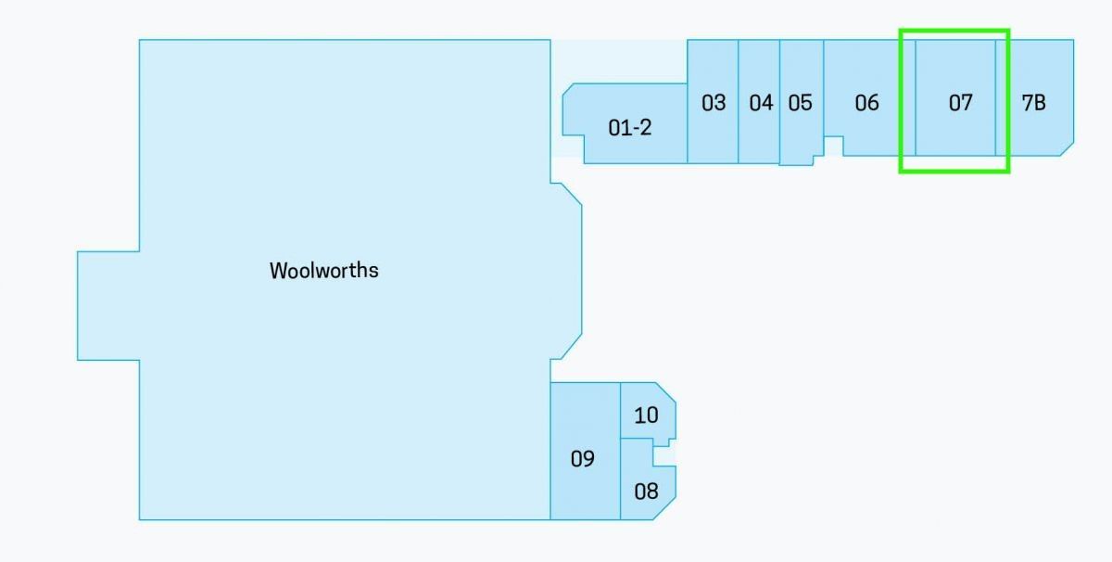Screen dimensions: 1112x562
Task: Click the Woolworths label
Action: (x=324, y=271)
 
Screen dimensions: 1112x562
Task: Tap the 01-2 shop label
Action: (x=629, y=128)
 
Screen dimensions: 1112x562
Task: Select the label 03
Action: (x=714, y=103)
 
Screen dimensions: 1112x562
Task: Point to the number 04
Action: (x=761, y=103)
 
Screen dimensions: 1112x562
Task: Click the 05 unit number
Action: (x=801, y=103)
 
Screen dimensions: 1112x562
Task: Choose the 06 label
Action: (x=866, y=103)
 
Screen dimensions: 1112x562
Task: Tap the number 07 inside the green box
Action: (x=961, y=103)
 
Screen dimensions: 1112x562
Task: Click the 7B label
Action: (x=1033, y=103)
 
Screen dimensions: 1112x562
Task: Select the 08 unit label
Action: (x=646, y=492)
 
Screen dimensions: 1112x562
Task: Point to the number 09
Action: (x=582, y=459)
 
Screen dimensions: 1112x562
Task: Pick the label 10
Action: (x=646, y=415)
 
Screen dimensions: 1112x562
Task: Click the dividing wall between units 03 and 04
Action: (x=739, y=101)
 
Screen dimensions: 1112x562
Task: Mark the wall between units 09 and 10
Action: (x=621, y=411)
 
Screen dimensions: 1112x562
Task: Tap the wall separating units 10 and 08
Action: (x=637, y=439)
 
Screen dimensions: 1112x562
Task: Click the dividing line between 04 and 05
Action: (x=779, y=101)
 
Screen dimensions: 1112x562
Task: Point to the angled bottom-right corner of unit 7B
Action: (x=1067, y=149)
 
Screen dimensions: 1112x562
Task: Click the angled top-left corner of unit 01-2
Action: (x=568, y=89)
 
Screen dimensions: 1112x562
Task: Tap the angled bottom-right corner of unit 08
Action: (x=664, y=508)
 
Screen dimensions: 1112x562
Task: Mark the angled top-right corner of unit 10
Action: (x=665, y=392)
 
